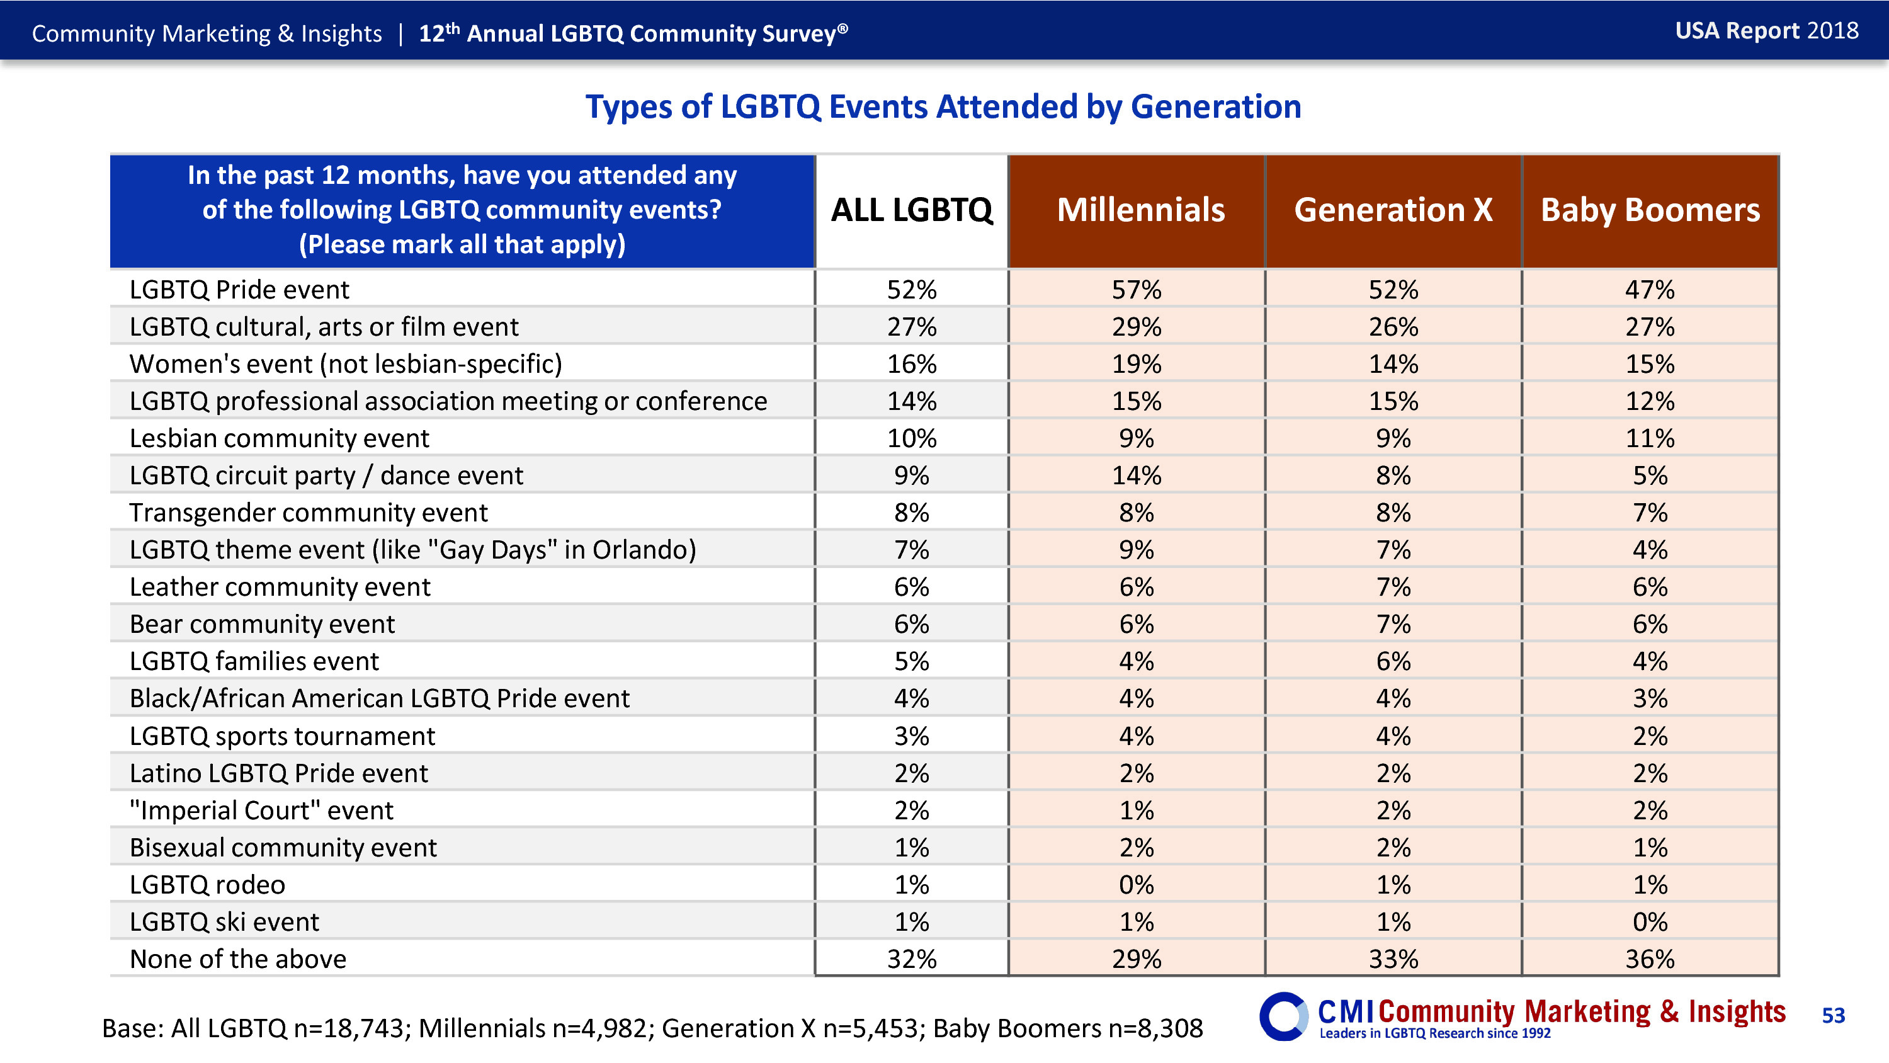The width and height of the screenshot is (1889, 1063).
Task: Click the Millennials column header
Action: [x=1140, y=210]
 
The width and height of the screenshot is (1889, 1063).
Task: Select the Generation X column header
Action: [x=1393, y=210]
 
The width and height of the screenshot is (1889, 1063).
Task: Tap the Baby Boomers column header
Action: [x=1650, y=210]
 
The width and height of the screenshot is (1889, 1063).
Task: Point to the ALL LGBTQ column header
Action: [x=912, y=210]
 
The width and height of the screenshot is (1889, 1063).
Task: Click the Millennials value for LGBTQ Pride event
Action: [x=1137, y=290]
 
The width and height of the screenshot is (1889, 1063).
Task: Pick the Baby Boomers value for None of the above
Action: [x=1650, y=959]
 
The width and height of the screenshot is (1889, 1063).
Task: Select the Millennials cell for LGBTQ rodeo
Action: [x=1137, y=885]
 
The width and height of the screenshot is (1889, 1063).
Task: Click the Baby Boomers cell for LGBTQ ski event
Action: [x=1650, y=922]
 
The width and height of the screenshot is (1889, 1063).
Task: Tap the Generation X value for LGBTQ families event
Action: [x=1393, y=662]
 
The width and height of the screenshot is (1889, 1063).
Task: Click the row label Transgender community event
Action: [x=308, y=513]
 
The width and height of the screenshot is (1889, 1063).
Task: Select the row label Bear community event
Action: [x=262, y=624]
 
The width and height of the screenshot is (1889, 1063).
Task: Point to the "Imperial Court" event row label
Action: [x=261, y=810]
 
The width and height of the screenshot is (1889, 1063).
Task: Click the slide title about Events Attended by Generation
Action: [x=943, y=107]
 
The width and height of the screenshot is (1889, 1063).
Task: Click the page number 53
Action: [x=1833, y=1015]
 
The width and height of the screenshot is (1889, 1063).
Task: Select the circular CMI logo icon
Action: [x=1283, y=1016]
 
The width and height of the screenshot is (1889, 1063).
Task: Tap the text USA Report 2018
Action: [x=1767, y=31]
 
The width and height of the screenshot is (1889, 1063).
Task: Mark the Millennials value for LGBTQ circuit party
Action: [x=1137, y=476]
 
